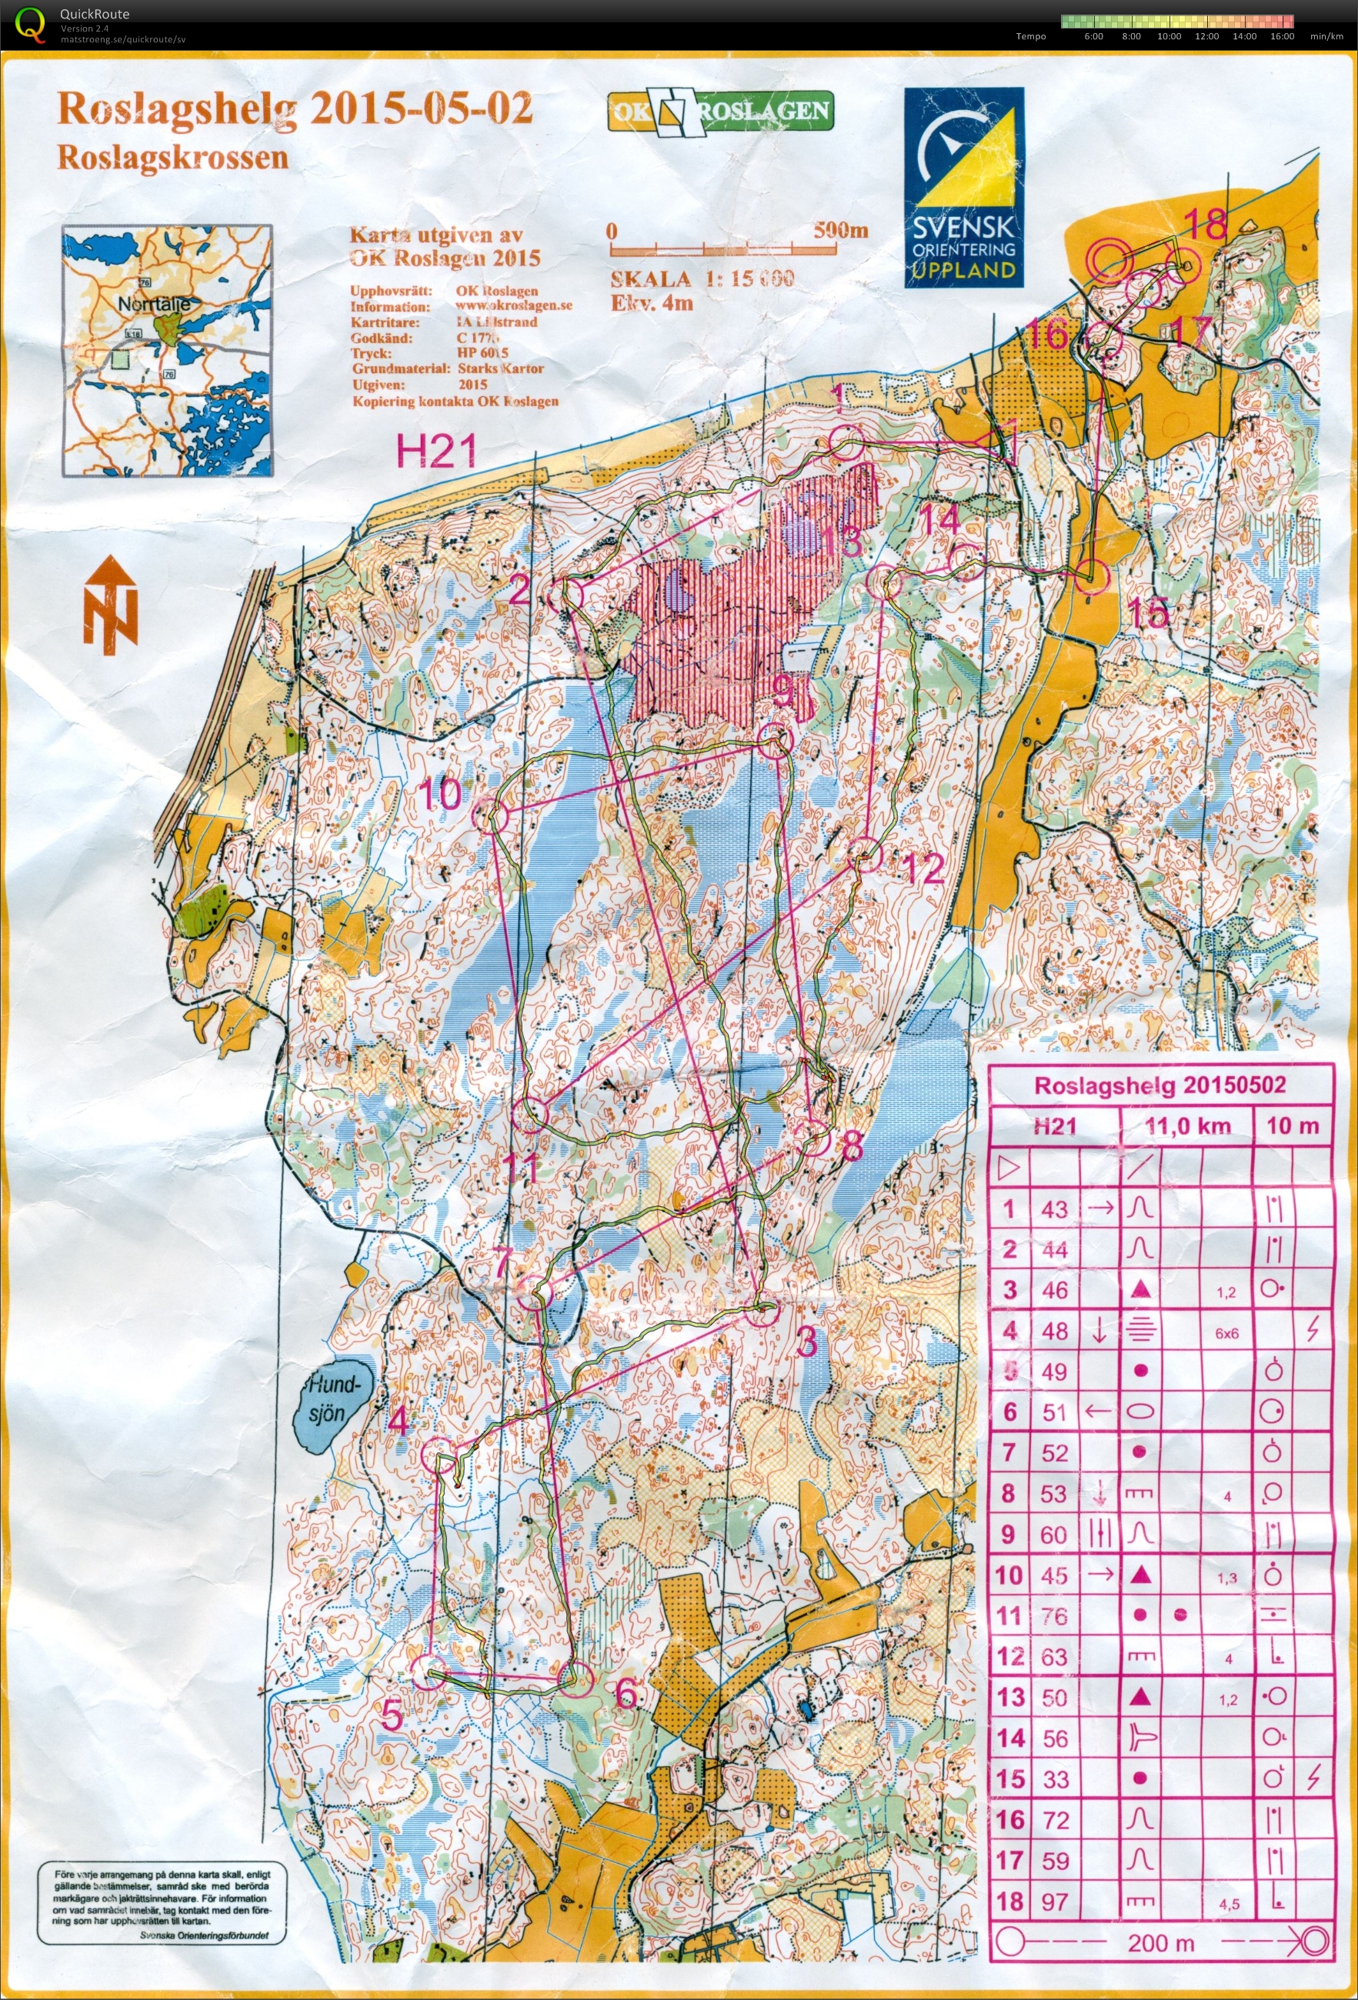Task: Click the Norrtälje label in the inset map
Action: [x=154, y=304]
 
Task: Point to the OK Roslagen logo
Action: [x=720, y=111]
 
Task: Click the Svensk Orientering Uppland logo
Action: [x=964, y=188]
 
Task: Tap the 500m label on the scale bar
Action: [x=840, y=231]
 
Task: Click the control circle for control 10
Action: [x=492, y=813]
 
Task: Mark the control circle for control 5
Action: [x=428, y=1673]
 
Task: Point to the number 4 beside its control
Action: [x=398, y=1421]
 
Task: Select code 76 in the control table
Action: [x=1054, y=1616]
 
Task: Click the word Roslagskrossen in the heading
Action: [x=172, y=158]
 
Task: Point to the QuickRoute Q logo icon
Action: [x=31, y=24]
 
